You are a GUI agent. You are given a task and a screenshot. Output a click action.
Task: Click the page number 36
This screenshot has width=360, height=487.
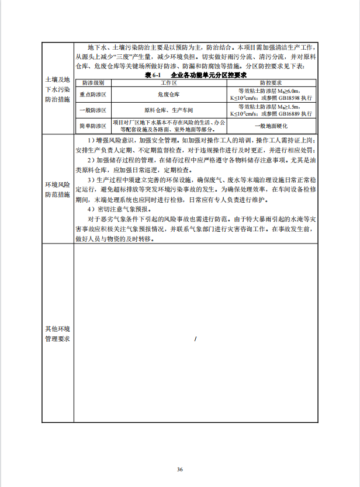(180, 469)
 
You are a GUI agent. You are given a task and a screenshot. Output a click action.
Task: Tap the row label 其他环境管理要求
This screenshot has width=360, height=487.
(58, 333)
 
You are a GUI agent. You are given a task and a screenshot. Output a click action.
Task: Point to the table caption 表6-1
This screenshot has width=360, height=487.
(153, 76)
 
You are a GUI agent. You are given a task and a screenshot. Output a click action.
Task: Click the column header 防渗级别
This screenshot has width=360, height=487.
(93, 84)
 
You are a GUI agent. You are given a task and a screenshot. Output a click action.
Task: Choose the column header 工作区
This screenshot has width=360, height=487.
(169, 84)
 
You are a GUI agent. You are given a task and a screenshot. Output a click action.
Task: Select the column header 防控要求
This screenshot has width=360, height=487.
(271, 84)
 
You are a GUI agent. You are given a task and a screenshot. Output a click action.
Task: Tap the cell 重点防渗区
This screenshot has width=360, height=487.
(93, 93)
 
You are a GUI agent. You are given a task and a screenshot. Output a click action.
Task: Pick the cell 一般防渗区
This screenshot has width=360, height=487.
(93, 110)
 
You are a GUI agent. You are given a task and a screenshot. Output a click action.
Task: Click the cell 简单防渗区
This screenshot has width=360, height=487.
(93, 126)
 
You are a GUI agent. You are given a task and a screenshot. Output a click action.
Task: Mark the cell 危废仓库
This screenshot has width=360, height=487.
(169, 93)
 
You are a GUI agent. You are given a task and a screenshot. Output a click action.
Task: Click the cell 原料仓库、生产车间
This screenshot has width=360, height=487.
(169, 110)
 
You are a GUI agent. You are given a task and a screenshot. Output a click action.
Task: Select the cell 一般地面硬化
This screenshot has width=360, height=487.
(271, 126)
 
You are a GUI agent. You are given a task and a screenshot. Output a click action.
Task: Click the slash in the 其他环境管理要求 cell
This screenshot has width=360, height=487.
(195, 339)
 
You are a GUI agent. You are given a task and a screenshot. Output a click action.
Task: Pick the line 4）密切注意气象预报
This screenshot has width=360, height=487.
(113, 208)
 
